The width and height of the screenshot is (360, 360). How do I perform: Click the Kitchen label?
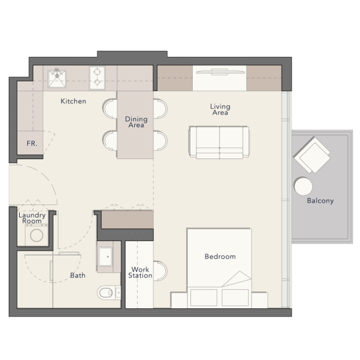74,101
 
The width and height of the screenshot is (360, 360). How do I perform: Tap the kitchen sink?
57,79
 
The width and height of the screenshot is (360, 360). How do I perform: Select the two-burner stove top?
97,78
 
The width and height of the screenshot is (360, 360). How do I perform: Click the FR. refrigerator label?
32,143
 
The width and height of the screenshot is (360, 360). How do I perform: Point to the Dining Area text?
136,122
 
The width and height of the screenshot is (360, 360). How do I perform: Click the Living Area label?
220,110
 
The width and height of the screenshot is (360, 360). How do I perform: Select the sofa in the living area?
219,142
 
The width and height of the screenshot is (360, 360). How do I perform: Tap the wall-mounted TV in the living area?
220,72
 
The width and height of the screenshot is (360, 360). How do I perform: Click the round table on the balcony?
303,186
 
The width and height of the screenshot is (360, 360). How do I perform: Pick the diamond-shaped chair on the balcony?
312,155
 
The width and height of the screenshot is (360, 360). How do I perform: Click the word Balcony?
320,201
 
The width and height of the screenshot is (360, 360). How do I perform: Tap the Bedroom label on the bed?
220,257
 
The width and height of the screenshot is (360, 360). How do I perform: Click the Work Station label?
140,272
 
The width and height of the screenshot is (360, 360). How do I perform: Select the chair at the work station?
160,271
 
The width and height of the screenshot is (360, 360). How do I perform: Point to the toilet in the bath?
109,293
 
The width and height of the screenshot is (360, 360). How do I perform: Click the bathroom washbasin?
105,257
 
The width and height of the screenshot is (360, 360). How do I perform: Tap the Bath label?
78,275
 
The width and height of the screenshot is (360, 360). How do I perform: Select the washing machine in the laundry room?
37,235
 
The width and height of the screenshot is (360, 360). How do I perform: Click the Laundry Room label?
32,218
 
